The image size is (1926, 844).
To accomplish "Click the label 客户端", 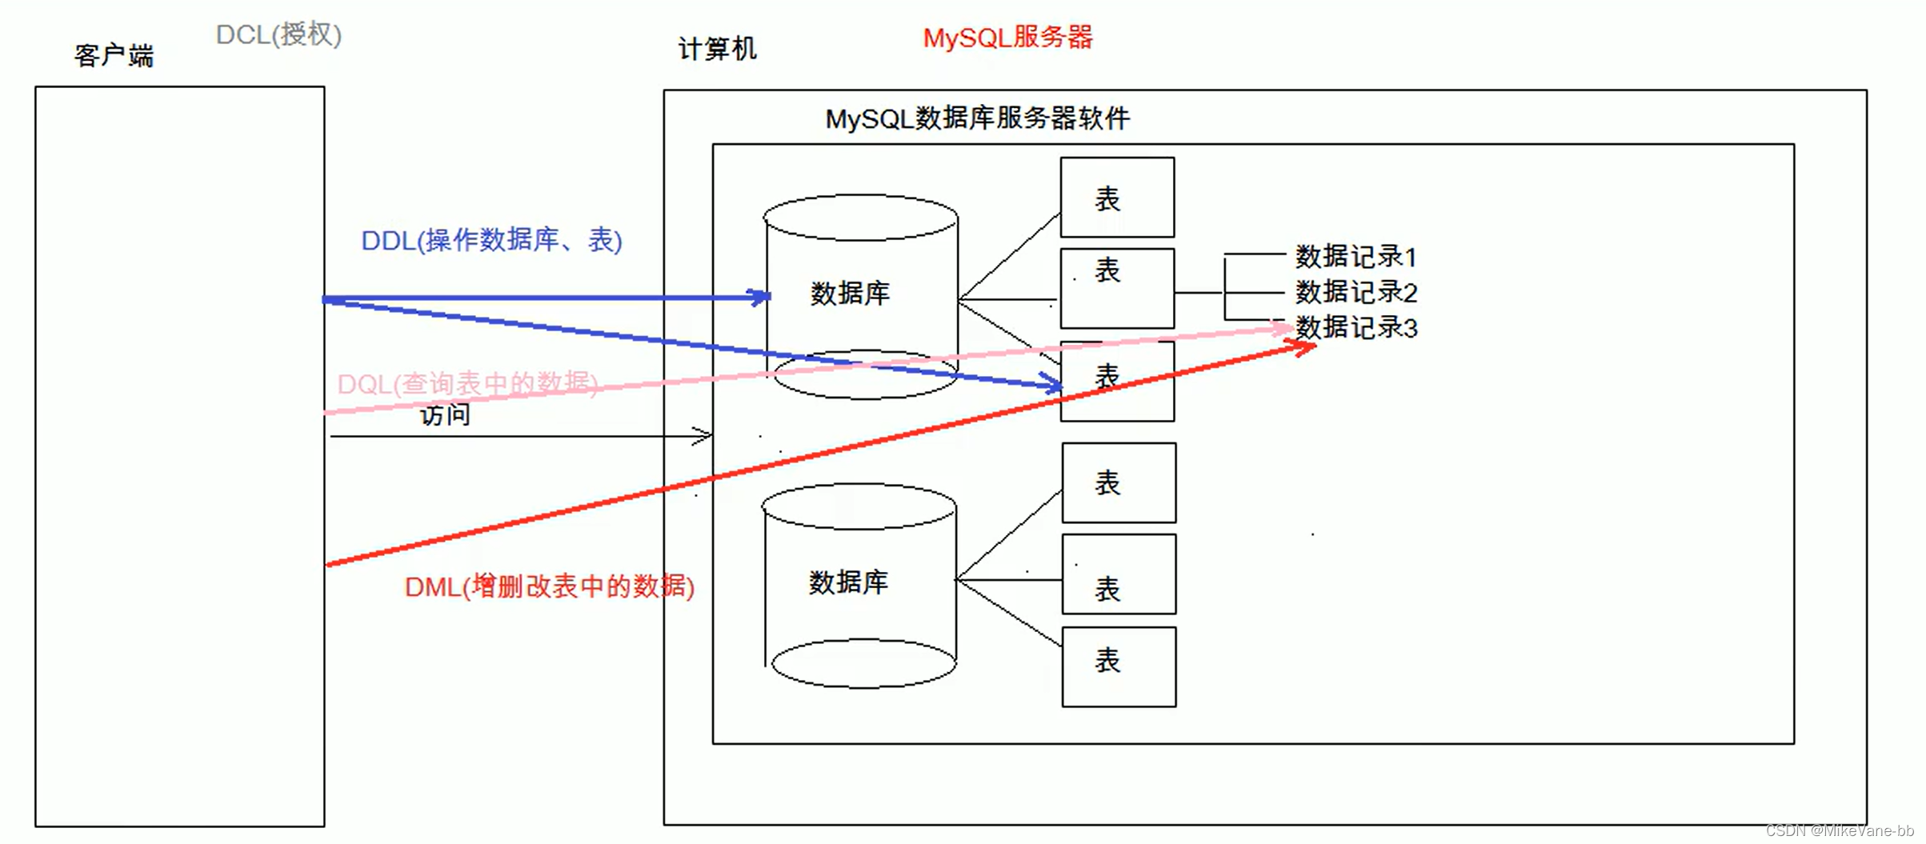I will click(114, 56).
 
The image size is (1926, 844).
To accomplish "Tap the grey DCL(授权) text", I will click(278, 34).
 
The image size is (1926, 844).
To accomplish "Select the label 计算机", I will click(717, 50).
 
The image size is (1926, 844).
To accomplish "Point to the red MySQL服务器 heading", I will click(1007, 38).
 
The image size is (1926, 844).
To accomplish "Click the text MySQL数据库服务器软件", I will click(977, 118).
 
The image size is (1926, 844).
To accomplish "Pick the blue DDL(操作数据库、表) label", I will click(491, 240).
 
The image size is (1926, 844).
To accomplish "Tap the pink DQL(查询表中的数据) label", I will click(467, 384).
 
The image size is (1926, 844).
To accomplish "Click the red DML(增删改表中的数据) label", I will click(549, 586).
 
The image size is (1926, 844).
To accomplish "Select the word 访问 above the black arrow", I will click(445, 414).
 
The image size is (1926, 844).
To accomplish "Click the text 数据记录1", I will click(1355, 257).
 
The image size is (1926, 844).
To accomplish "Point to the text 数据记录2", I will click(1355, 292).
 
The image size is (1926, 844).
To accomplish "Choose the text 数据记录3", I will click(1355, 327).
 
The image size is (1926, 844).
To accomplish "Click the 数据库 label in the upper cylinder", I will click(850, 294).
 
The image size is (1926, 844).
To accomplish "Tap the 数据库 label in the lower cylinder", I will click(848, 582).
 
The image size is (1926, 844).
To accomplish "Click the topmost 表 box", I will click(1117, 198).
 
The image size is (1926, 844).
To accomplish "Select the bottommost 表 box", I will click(1119, 666).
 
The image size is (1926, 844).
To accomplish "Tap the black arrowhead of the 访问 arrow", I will click(704, 436).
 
